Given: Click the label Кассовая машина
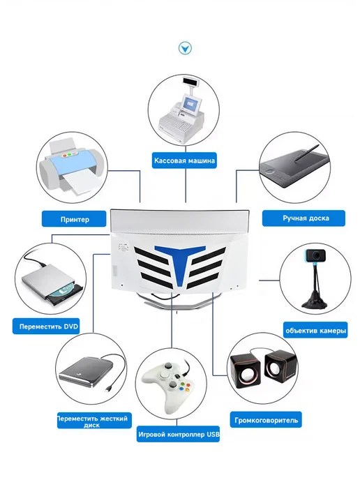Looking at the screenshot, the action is click(x=184, y=160).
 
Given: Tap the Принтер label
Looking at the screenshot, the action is click(x=74, y=219).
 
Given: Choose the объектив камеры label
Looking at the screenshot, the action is click(x=315, y=330).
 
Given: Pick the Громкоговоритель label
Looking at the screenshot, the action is click(x=266, y=420).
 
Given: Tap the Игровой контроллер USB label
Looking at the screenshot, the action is click(x=178, y=434).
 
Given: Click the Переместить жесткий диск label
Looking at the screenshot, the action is click(x=94, y=421).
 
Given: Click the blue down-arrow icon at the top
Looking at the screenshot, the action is click(x=185, y=48).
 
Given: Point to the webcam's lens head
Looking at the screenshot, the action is click(x=315, y=255).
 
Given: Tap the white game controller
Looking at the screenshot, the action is click(x=167, y=387).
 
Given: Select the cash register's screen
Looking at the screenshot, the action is click(x=191, y=105).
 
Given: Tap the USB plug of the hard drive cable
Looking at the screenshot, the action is click(x=108, y=388).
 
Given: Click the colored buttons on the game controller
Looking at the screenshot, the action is click(x=183, y=387).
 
